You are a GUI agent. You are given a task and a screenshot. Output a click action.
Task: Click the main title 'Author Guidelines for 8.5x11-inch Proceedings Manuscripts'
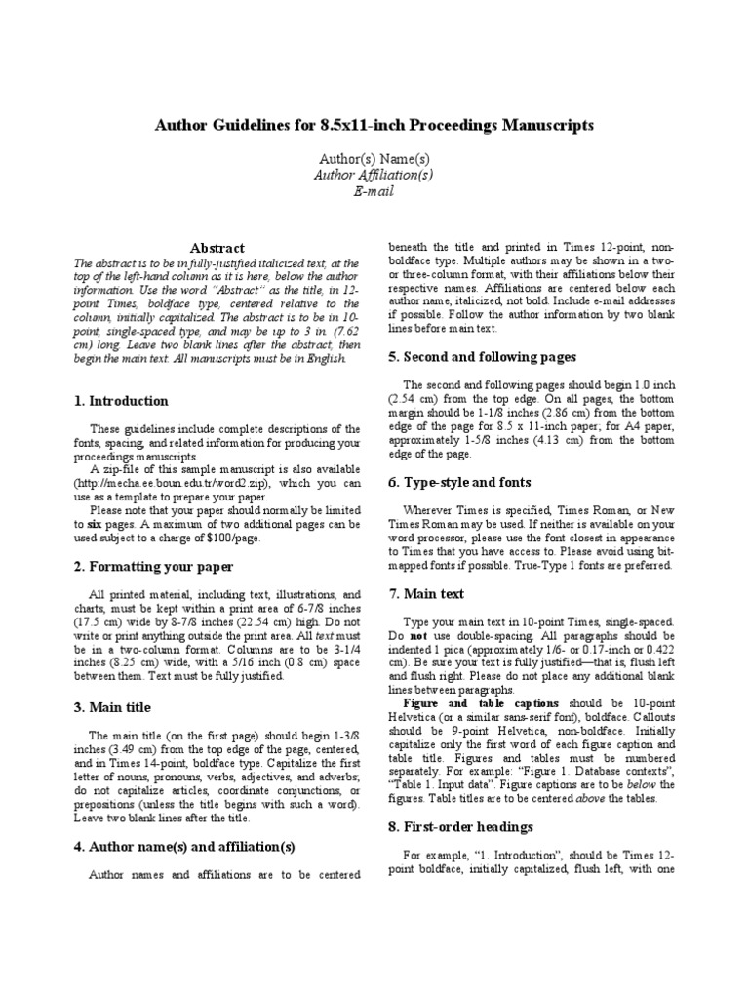point(374,126)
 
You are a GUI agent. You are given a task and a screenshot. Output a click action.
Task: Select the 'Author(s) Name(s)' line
point(374,158)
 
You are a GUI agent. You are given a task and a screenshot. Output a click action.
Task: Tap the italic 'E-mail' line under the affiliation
point(374,191)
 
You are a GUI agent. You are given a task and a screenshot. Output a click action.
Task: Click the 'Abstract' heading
point(217,248)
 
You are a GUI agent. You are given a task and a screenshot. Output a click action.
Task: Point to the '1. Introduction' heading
point(121,401)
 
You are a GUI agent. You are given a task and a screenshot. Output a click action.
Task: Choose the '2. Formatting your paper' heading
point(153,566)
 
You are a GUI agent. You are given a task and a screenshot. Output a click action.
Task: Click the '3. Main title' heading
point(112,707)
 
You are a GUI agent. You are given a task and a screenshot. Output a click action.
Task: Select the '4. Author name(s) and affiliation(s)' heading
point(184,846)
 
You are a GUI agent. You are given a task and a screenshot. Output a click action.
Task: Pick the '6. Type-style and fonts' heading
point(459,482)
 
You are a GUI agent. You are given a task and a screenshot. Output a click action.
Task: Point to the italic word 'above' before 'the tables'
point(592,798)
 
